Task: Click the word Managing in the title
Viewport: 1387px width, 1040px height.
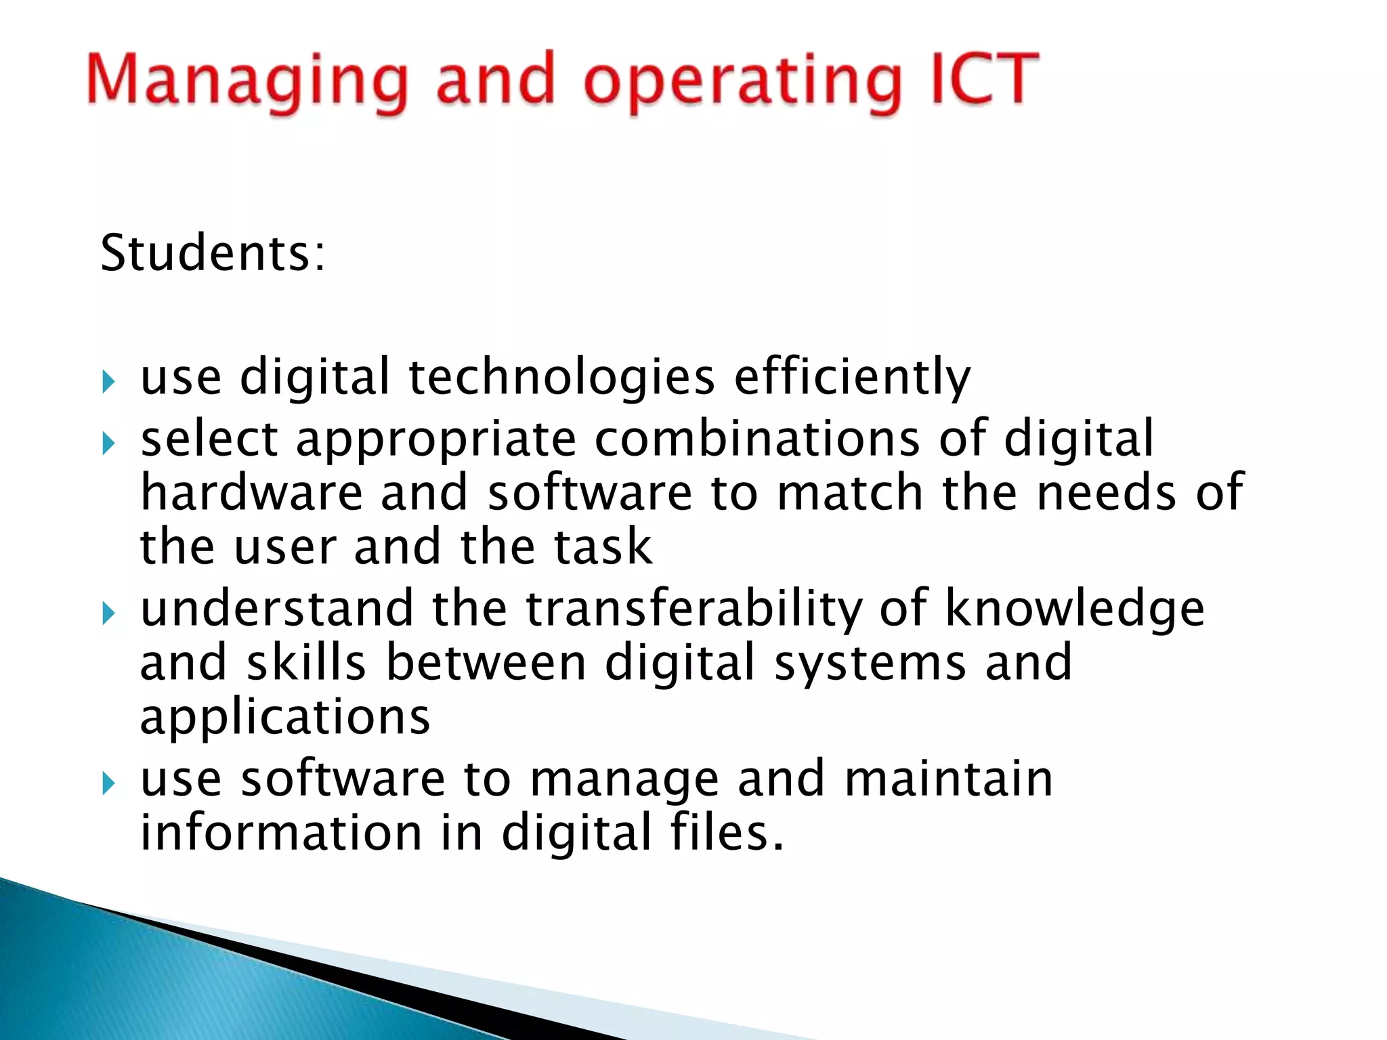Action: [248, 81]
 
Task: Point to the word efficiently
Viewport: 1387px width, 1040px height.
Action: [852, 378]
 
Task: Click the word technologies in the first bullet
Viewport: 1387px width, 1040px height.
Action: [561, 378]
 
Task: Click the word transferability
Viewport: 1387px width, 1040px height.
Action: [694, 609]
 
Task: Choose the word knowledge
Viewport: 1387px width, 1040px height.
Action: [1075, 609]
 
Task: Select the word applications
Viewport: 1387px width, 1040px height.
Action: [285, 718]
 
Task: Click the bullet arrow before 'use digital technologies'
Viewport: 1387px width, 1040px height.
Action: [109, 382]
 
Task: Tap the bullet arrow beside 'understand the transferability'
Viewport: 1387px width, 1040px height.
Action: [109, 614]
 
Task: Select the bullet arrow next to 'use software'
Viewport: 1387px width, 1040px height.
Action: [109, 784]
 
